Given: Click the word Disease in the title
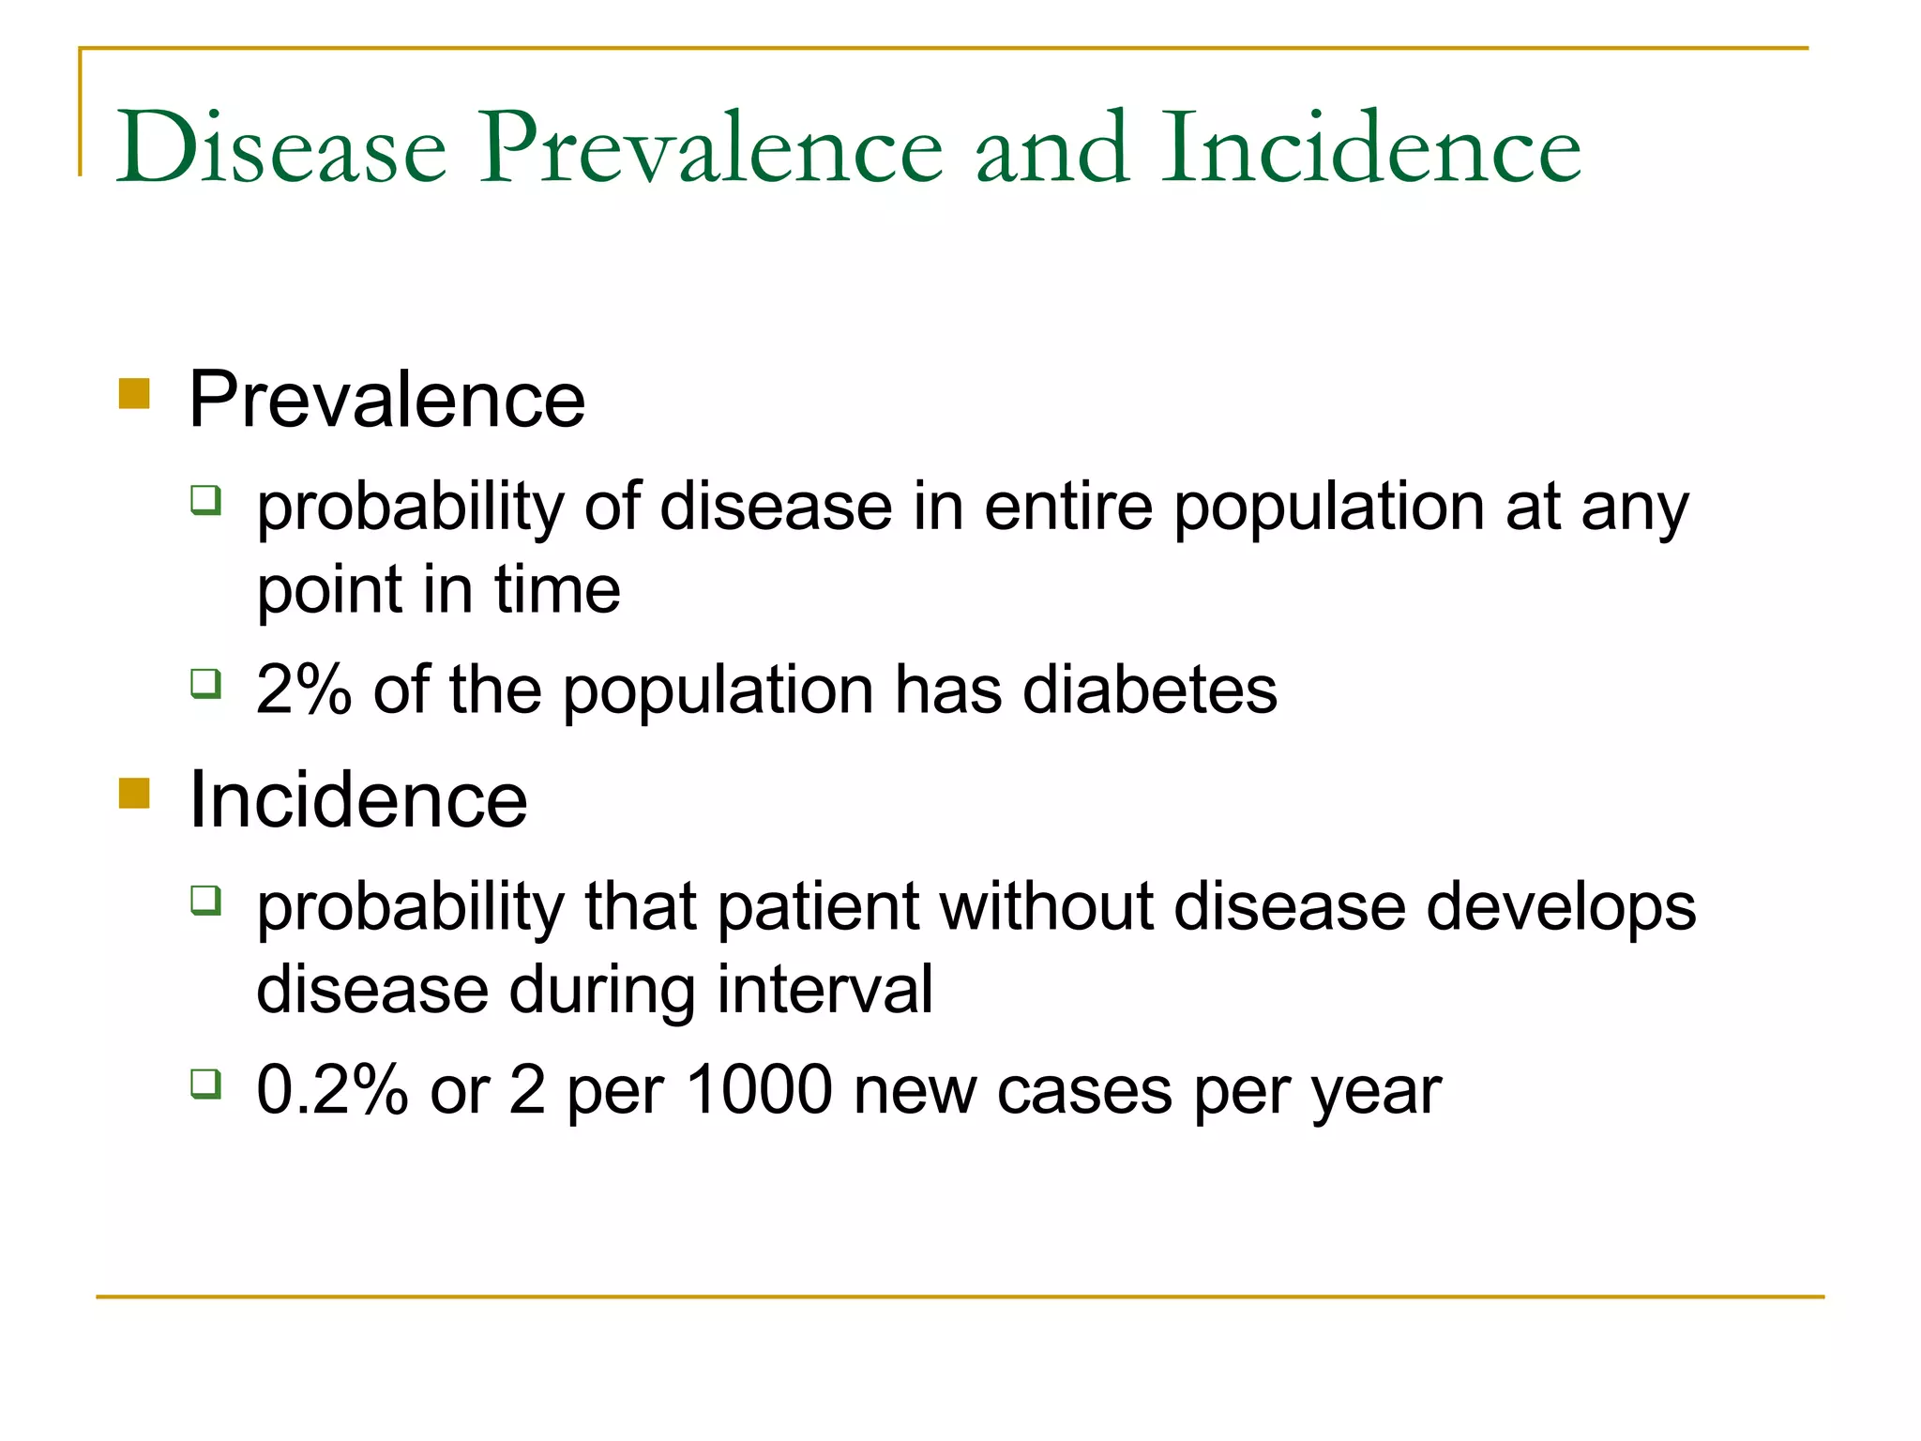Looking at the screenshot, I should pos(281,148).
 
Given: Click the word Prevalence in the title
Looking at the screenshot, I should pos(711,148).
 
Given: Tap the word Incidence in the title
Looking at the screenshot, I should pos(1370,148).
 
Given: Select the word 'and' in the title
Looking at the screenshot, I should pos(1051,148).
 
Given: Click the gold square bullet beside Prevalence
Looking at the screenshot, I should pos(135,394).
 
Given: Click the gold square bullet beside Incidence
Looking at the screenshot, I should pos(135,794).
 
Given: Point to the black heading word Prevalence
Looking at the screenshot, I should pos(386,400).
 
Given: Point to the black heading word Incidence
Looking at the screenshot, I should pos(357,800).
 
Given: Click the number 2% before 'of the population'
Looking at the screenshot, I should pos(303,690).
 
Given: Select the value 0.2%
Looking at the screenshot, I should pos(332,1090).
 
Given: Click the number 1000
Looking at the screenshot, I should pos(759,1090).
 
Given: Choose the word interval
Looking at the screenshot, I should pos(824,989).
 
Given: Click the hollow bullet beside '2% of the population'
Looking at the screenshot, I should pos(205,683).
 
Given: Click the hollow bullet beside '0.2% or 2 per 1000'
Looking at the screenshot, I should pos(205,1084).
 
